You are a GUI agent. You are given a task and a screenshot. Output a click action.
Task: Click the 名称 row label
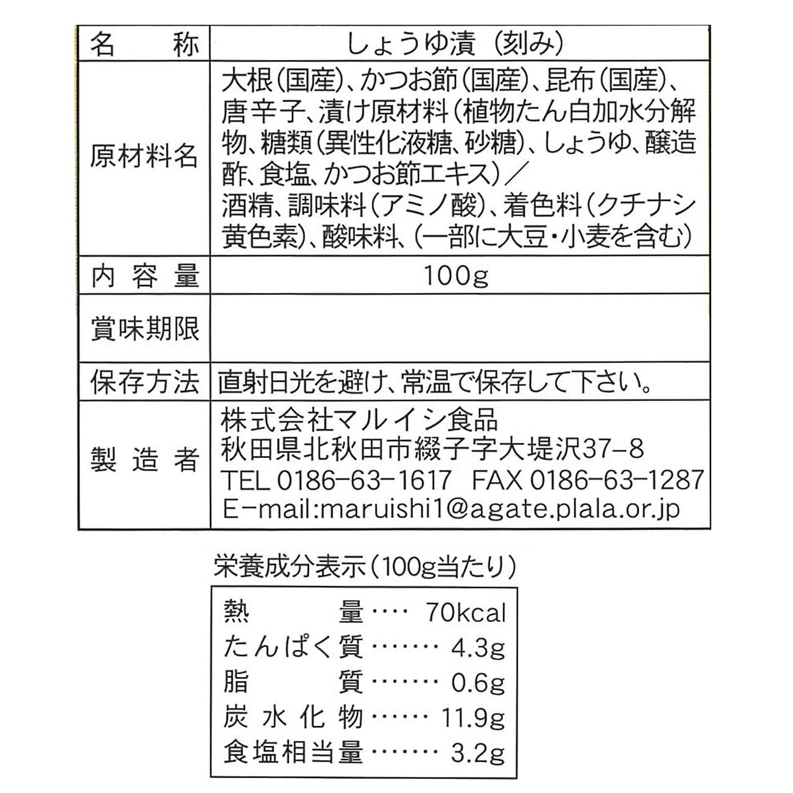tap(144, 45)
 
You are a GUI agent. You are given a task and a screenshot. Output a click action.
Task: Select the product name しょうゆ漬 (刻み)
tap(455, 45)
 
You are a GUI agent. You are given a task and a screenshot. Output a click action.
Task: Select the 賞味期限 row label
tap(144, 328)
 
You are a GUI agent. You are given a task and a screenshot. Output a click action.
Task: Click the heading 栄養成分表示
tap(289, 566)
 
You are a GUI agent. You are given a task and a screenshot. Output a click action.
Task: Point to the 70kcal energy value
tap(466, 613)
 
